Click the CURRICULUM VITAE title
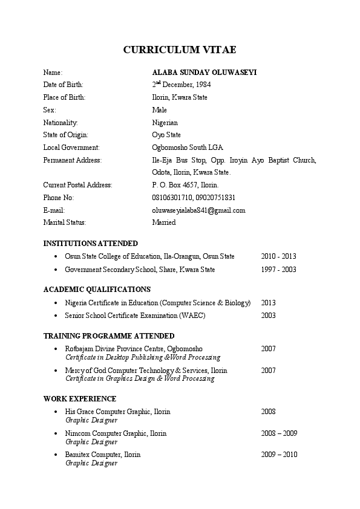[180, 50]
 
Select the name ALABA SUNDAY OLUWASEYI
[204, 72]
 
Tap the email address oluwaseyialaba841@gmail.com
[198, 210]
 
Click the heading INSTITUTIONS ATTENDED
[91, 244]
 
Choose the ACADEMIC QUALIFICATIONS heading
[97, 290]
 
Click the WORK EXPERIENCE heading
[80, 399]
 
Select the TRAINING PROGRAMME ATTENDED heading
[109, 336]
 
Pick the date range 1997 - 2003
[278, 270]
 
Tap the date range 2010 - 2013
[278, 256]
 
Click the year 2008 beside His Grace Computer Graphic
[268, 412]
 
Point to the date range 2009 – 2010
[279, 455]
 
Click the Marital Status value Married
[164, 222]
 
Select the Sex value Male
[159, 110]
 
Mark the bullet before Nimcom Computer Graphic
[56, 433]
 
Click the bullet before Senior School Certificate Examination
[56, 316]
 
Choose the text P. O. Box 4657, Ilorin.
[185, 185]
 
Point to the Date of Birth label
[64, 85]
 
